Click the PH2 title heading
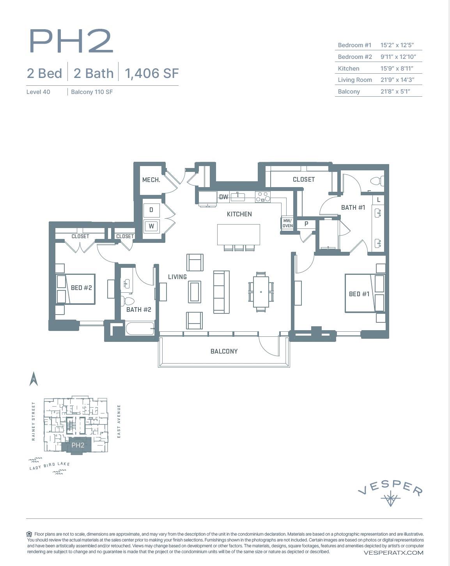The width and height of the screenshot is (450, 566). pyautogui.click(x=71, y=41)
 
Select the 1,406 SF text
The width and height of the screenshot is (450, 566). pyautogui.click(x=152, y=73)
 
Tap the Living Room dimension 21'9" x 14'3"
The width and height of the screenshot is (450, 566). pyautogui.click(x=397, y=80)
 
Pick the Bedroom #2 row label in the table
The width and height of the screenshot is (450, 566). pyautogui.click(x=354, y=57)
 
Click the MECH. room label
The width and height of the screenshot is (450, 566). pyautogui.click(x=151, y=180)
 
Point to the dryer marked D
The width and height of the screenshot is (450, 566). pyautogui.click(x=151, y=210)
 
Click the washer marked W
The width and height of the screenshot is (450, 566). pyautogui.click(x=151, y=226)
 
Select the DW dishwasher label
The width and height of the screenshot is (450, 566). pyautogui.click(x=223, y=197)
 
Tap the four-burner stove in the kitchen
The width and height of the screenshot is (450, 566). pyautogui.click(x=263, y=197)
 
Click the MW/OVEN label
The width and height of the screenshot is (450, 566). pyautogui.click(x=287, y=223)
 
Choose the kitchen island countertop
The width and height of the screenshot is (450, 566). pyautogui.click(x=239, y=234)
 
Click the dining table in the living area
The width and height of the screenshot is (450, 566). pyautogui.click(x=260, y=292)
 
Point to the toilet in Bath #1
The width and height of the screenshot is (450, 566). pyautogui.click(x=377, y=181)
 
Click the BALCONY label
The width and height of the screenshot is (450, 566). pyautogui.click(x=224, y=351)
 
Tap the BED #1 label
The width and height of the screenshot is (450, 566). pyautogui.click(x=359, y=294)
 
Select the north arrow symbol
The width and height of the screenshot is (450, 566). pyautogui.click(x=34, y=379)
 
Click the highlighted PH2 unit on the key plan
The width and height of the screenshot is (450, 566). pyautogui.click(x=78, y=445)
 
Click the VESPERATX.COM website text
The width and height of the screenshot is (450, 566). pyautogui.click(x=393, y=552)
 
